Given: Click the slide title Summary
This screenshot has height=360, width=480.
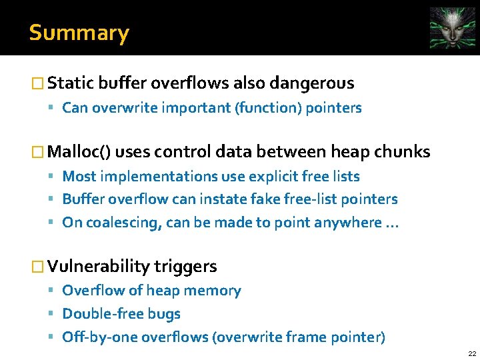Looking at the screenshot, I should pos(79,33).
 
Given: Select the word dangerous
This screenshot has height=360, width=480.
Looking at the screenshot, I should pos(311,83).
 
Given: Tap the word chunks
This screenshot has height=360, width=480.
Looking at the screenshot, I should pos(403,152).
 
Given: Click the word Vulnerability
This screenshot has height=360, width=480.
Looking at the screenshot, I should pos(99,267).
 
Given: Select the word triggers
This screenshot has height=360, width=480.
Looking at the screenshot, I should pos(185,267).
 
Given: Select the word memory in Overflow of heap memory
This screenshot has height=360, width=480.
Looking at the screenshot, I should pos(214,291).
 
